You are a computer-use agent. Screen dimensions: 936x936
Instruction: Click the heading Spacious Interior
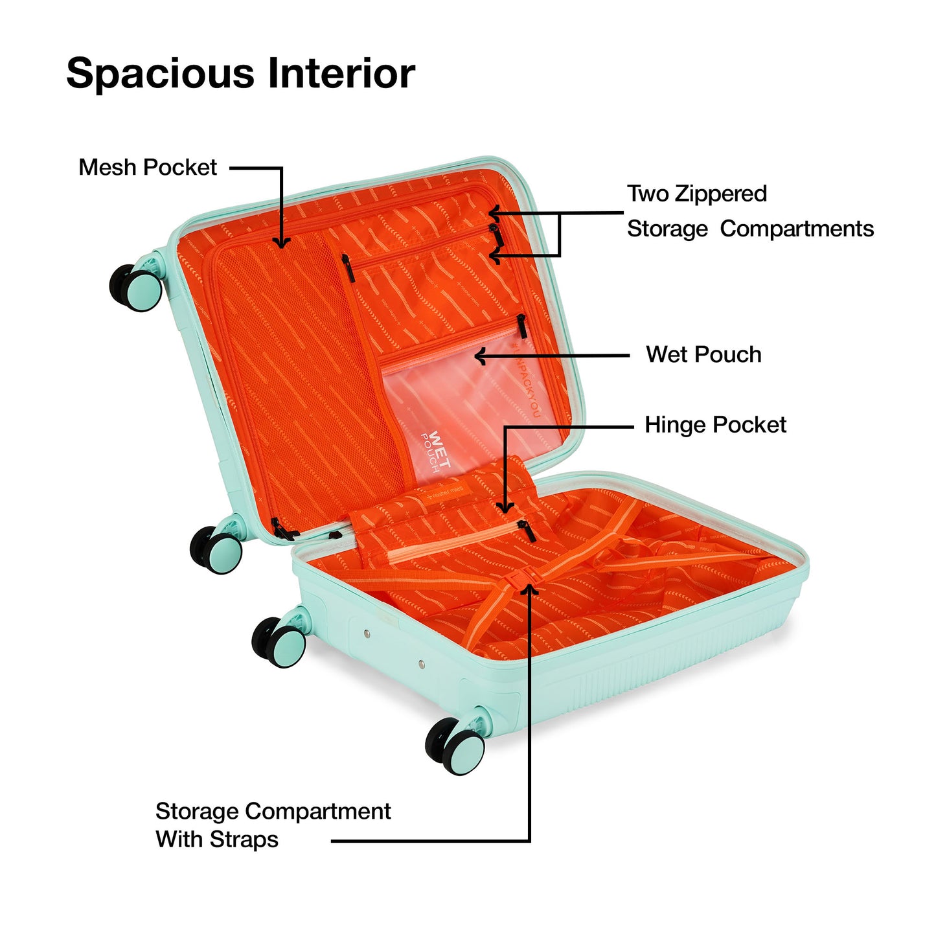pos(240,73)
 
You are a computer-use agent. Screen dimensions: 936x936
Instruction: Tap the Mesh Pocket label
pos(148,168)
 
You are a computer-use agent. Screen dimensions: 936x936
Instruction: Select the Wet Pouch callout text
pos(703,355)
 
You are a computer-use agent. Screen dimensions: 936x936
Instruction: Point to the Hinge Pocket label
pos(715,425)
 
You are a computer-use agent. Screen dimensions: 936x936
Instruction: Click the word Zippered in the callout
pos(720,194)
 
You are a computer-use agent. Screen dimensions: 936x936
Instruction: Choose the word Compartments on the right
pos(797,229)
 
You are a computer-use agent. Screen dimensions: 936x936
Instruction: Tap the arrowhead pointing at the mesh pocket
pos(281,242)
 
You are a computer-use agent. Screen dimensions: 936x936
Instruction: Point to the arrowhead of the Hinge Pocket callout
pos(506,507)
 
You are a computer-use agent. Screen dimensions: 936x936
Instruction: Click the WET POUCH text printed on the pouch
pos(435,451)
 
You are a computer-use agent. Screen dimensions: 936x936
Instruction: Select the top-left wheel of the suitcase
pos(137,287)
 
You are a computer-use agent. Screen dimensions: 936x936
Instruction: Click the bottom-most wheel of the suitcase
pos(455,746)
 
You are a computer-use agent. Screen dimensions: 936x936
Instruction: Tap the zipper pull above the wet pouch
pos(521,326)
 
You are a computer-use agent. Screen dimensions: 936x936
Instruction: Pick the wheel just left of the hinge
pos(217,549)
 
